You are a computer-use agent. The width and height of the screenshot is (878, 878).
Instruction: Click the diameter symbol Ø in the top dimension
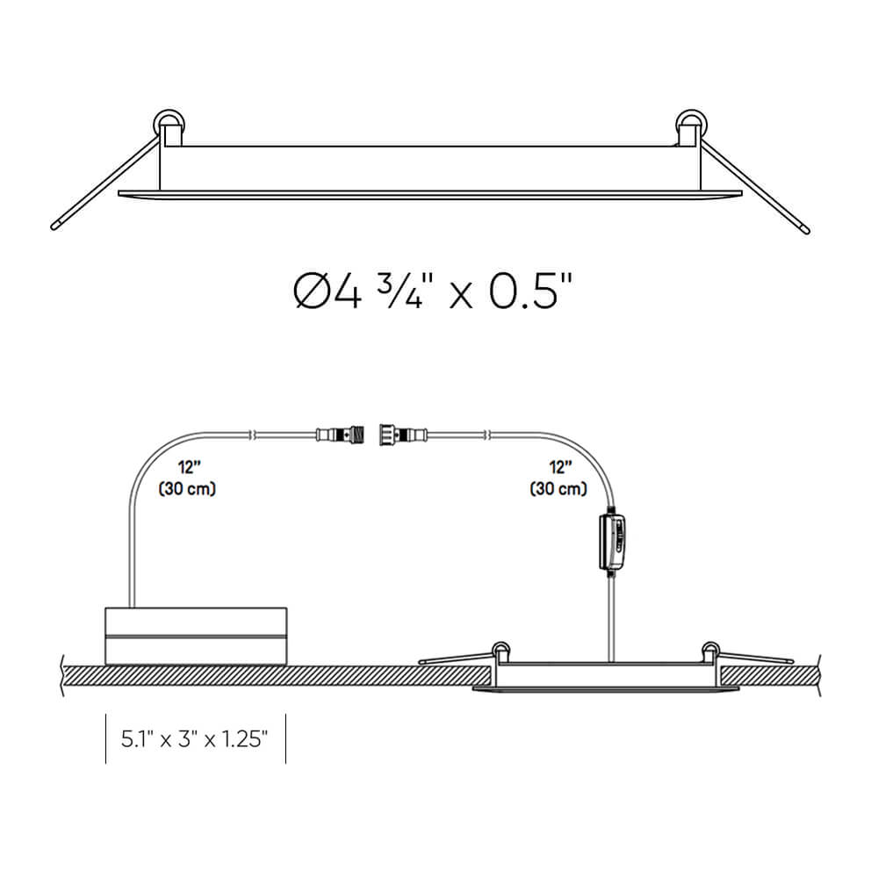point(312,292)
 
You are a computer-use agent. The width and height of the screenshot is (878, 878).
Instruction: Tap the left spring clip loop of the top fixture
point(169,122)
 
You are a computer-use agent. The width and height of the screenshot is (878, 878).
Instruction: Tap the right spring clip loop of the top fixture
point(691,122)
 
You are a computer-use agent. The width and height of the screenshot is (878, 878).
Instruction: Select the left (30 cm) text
point(187,489)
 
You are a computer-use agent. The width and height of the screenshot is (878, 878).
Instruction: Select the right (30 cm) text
point(558,489)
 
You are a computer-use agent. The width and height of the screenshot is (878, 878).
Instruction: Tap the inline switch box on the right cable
point(612,543)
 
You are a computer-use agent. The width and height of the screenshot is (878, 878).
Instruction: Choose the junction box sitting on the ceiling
point(196,635)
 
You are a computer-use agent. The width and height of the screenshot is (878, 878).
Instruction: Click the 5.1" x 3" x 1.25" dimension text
point(194,738)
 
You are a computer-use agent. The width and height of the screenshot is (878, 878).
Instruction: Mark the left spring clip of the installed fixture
point(500,651)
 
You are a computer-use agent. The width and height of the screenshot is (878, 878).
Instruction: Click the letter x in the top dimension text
point(459,295)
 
